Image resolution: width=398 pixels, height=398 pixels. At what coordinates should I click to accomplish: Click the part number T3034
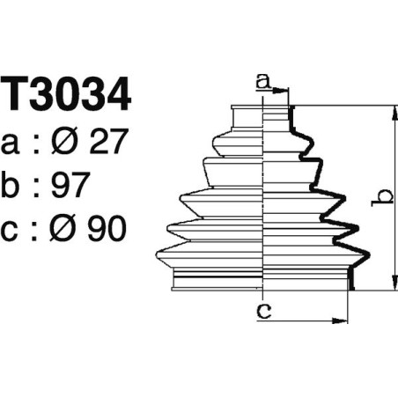pyautogui.click(x=66, y=95)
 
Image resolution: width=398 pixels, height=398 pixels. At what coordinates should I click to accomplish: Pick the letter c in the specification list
pyautogui.click(x=11, y=231)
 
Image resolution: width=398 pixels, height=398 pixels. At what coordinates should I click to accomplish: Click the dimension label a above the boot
pyautogui.click(x=262, y=82)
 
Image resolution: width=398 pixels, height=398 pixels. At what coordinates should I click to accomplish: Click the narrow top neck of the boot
pyautogui.click(x=261, y=119)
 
